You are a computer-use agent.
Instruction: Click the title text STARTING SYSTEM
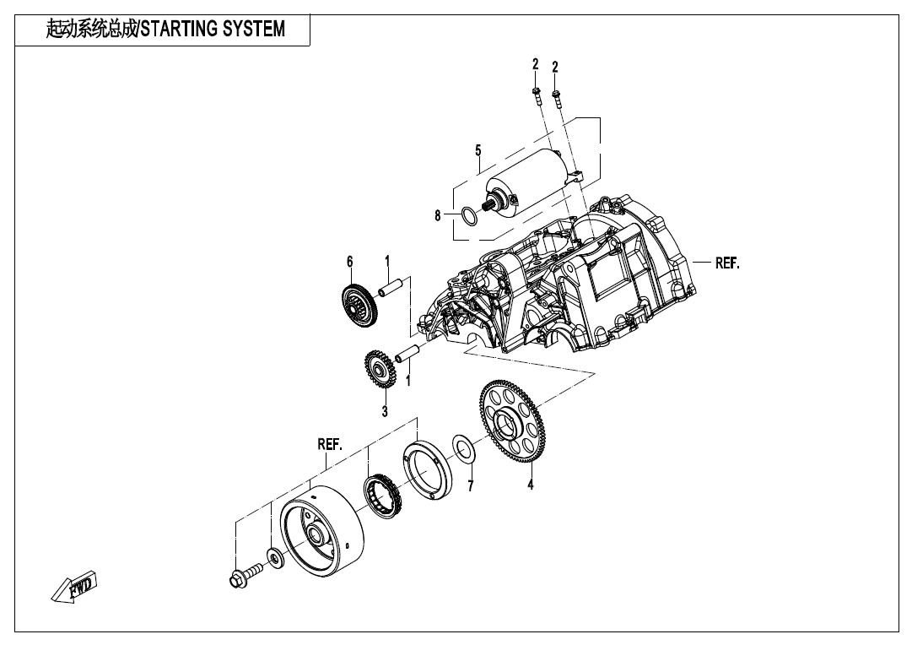click(x=212, y=30)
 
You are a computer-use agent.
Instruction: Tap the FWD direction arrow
click(x=75, y=587)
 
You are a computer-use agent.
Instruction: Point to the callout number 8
click(x=438, y=216)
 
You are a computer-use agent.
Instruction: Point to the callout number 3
click(x=385, y=412)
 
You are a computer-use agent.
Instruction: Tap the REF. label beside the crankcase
click(x=727, y=263)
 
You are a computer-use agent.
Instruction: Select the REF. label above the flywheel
click(x=330, y=444)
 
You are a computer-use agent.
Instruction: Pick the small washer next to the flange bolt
click(x=274, y=557)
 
